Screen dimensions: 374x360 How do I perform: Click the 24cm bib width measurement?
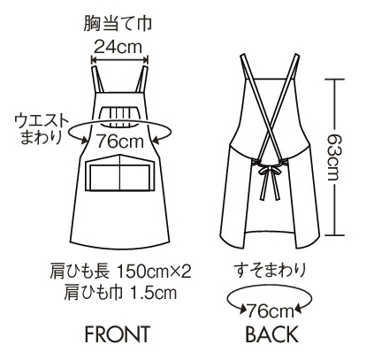tap(118, 47)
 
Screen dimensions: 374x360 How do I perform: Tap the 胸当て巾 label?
tap(118, 23)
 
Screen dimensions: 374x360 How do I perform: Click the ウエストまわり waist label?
tap(42, 129)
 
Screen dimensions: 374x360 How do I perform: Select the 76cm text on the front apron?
tap(120, 141)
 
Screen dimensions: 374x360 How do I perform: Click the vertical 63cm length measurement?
tap(334, 157)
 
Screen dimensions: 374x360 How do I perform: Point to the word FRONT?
tap(118, 334)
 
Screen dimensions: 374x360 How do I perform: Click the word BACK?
tap(271, 334)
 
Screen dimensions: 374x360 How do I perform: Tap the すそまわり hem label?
tap(270, 271)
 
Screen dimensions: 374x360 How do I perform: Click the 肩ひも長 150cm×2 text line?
tap(120, 272)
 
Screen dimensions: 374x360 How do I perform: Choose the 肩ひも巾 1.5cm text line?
tap(120, 293)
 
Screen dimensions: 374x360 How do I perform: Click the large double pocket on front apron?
tap(120, 172)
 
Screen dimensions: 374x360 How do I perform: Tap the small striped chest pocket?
tap(119, 117)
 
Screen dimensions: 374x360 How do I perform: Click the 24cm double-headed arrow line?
tap(119, 60)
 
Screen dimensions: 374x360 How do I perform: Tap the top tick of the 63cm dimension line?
tap(334, 79)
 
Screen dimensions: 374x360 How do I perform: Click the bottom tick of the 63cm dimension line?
tap(334, 235)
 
